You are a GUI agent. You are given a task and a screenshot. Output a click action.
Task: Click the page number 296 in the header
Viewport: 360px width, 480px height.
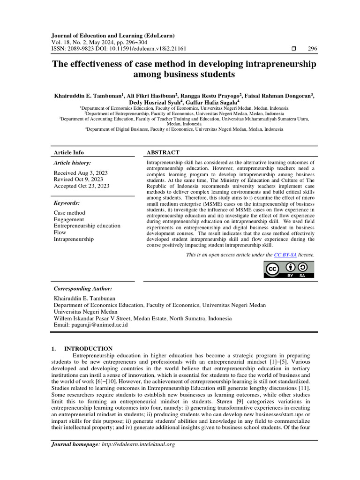click(x=312, y=49)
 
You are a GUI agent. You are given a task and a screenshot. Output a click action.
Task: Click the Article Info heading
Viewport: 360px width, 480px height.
click(x=69, y=152)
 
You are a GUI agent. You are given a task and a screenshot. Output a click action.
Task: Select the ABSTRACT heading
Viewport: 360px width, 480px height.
click(x=163, y=152)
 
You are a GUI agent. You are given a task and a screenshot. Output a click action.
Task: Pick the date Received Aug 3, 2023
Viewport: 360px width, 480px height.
click(x=81, y=173)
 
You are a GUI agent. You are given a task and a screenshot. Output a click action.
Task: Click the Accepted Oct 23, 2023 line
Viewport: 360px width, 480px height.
click(x=82, y=186)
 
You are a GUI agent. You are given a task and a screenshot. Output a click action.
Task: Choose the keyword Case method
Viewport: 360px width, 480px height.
click(x=69, y=213)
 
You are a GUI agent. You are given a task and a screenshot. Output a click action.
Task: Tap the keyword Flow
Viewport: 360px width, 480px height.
click(x=60, y=232)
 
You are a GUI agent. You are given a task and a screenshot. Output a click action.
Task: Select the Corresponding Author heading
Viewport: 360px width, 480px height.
click(x=83, y=289)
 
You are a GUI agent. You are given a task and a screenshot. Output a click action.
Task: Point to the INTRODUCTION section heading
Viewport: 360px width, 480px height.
click(x=88, y=349)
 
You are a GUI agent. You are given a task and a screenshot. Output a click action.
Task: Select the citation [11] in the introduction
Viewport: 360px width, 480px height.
click(x=304, y=388)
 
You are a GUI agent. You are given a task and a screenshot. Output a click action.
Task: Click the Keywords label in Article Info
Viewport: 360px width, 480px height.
click(x=67, y=203)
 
